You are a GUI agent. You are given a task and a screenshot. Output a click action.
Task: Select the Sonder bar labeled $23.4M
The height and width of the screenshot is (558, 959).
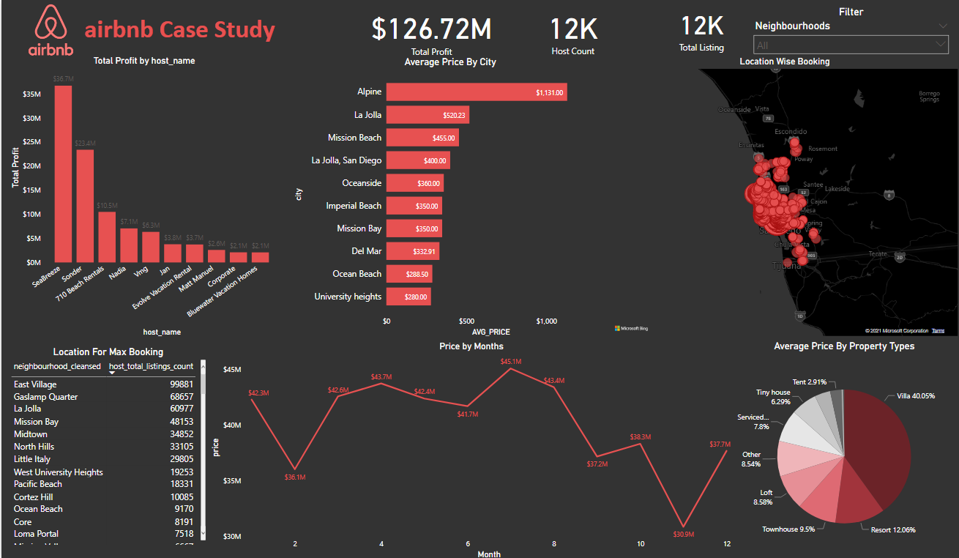pos(85,206)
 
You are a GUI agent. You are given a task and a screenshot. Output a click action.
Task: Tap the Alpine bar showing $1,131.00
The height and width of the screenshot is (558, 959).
pos(476,92)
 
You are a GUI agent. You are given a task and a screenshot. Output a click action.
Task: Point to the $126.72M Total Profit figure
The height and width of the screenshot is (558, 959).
pos(431,29)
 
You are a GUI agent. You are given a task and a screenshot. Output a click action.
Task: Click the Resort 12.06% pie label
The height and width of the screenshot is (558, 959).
pos(892,529)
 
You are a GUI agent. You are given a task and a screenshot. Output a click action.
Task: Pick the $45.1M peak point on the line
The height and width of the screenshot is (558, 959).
pos(511,368)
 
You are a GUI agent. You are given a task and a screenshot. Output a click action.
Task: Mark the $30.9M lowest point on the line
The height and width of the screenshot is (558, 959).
pos(683,527)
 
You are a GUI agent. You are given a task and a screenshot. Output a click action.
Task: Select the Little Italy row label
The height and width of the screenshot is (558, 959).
pos(32,459)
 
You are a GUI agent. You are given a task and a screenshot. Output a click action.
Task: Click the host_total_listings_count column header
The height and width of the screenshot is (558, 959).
pos(151,366)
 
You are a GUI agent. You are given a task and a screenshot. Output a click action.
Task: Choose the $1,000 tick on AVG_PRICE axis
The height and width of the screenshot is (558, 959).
pos(546,321)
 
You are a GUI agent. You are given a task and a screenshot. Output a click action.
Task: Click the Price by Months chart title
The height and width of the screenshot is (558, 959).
pos(471,346)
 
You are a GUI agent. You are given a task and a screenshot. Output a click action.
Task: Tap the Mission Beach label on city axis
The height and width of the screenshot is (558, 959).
pos(354,138)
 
